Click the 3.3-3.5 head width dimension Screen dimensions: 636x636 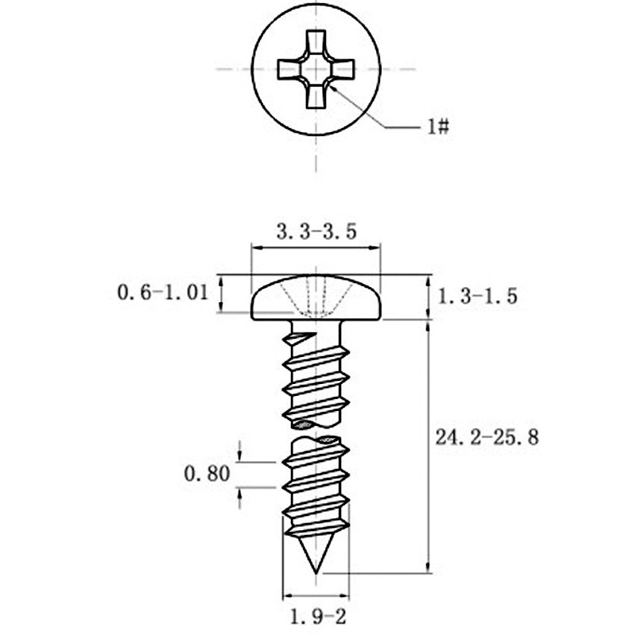click(316, 231)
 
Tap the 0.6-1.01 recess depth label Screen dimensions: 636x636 click(163, 292)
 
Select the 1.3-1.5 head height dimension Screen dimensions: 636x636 click(478, 296)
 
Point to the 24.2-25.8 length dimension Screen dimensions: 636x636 click(487, 437)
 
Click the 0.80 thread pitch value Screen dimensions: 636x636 click(207, 473)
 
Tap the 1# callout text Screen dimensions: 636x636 click(438, 127)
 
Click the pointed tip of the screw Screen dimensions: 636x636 click(316, 573)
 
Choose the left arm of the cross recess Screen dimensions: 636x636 click(289, 69)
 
